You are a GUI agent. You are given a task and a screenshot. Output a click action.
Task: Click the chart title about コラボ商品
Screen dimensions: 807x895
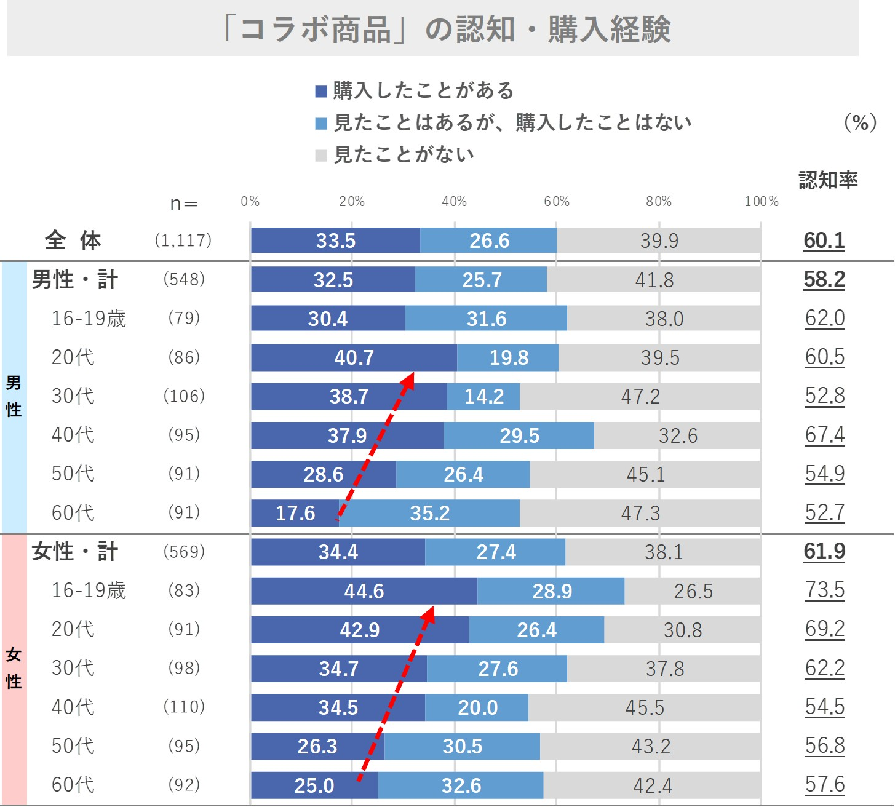click(x=447, y=29)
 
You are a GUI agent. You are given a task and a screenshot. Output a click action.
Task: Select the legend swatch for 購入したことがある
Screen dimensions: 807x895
click(x=320, y=92)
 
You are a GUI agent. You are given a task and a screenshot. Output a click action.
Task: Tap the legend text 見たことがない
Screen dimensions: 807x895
click(x=404, y=154)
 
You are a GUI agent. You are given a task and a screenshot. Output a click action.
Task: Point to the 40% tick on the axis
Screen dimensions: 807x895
click(x=454, y=201)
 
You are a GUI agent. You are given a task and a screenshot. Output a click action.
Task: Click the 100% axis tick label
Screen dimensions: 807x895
click(x=761, y=201)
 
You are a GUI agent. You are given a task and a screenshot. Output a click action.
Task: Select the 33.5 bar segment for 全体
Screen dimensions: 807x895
click(x=335, y=241)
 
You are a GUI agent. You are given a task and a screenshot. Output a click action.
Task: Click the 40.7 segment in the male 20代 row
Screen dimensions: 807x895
click(x=354, y=357)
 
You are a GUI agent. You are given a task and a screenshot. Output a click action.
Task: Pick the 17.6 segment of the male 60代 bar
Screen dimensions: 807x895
click(x=295, y=513)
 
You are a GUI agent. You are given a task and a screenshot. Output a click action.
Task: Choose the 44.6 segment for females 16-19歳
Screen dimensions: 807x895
click(x=364, y=591)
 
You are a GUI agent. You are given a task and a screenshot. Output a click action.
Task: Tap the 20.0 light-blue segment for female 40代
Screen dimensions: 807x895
click(x=477, y=707)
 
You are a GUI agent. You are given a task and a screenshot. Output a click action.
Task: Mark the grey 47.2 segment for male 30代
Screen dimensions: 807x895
click(x=640, y=396)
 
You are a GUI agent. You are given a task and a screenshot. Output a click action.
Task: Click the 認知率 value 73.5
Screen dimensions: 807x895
click(x=825, y=590)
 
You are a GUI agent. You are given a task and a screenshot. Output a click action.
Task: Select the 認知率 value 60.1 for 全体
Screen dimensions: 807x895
click(x=824, y=240)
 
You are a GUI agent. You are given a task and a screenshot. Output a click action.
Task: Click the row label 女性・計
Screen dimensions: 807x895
click(x=74, y=551)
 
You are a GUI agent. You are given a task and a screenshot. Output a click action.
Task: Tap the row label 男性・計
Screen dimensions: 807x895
click(x=74, y=279)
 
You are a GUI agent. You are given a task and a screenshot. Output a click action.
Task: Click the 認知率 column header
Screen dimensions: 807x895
click(x=828, y=180)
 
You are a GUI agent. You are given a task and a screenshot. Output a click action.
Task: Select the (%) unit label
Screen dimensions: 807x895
click(x=861, y=122)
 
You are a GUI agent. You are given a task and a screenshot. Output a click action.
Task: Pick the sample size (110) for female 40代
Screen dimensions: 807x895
click(x=184, y=707)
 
